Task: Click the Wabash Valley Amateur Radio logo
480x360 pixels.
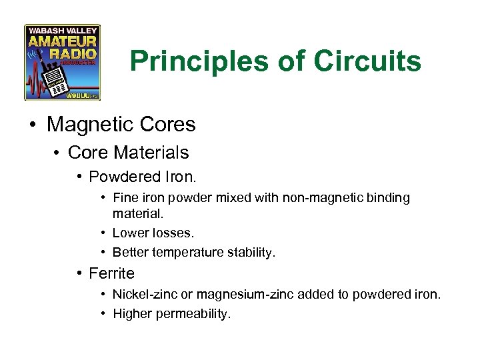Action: pyautogui.click(x=62, y=62)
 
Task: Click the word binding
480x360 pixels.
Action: pyautogui.click(x=387, y=198)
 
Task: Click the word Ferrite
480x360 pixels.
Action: pyautogui.click(x=111, y=273)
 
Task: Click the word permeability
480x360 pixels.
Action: pyautogui.click(x=193, y=313)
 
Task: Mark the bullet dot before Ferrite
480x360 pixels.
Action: pyautogui.click(x=79, y=273)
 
